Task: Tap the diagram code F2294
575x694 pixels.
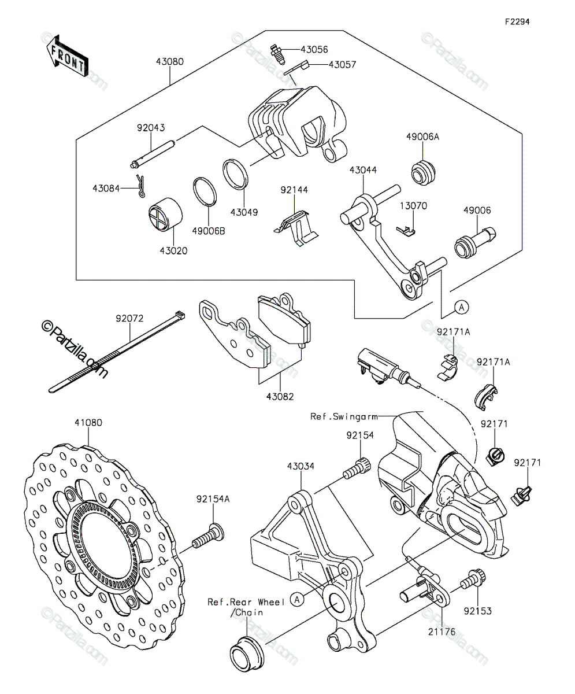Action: [517, 22]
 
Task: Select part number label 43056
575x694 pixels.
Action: [314, 50]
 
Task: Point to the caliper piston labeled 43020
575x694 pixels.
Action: [165, 215]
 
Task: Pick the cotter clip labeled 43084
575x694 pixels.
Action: [141, 186]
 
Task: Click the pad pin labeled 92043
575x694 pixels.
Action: [152, 154]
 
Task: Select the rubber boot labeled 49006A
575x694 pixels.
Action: [423, 173]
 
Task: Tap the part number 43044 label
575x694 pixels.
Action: [363, 170]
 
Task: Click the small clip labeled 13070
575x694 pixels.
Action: [406, 231]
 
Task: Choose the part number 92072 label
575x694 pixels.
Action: [129, 319]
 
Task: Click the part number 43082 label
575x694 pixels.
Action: [280, 397]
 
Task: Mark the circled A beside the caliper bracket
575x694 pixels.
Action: [297, 599]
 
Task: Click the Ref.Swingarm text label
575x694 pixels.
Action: [344, 416]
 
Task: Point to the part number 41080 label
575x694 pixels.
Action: [88, 423]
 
